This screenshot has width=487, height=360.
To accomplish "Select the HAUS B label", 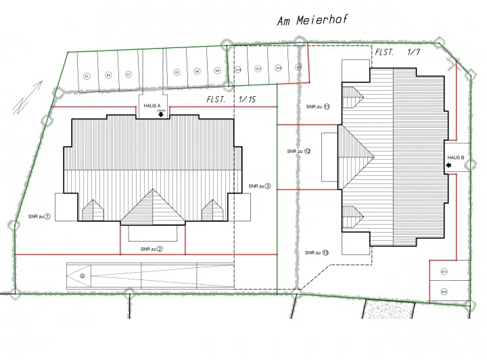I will (455, 157).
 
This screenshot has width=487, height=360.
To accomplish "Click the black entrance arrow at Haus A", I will (160, 114).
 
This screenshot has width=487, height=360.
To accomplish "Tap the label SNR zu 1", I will (39, 217).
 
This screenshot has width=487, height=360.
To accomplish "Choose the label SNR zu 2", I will (152, 249).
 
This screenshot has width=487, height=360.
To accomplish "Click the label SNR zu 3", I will (259, 186).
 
